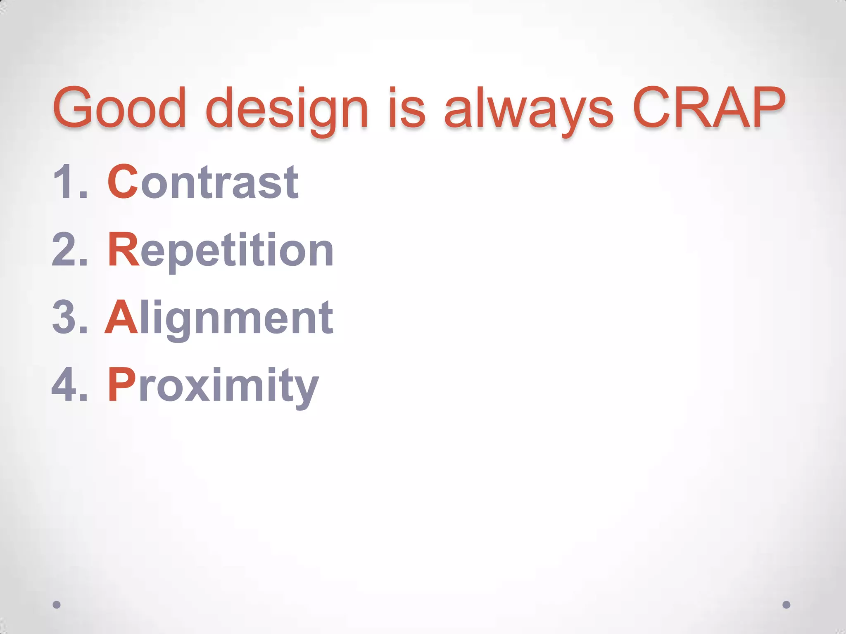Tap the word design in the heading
[287, 109]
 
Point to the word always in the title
[529, 109]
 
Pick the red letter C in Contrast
[123, 182]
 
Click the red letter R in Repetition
[123, 250]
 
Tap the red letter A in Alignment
[121, 317]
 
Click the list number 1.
[66, 182]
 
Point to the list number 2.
[66, 250]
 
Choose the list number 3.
[66, 317]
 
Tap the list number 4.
[66, 385]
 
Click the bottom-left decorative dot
[57, 605]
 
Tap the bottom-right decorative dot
[787, 605]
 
